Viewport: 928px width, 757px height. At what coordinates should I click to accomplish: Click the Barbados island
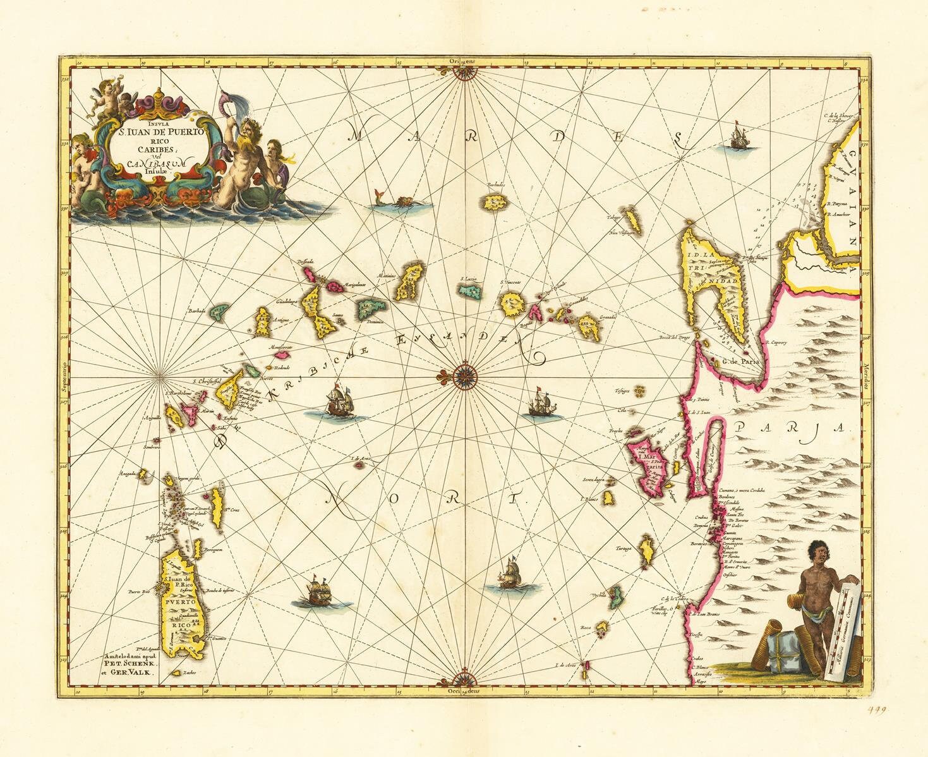tap(497, 202)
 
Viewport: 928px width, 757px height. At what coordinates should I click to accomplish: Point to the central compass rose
tap(464, 377)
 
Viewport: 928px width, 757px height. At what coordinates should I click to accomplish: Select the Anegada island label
tap(127, 474)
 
